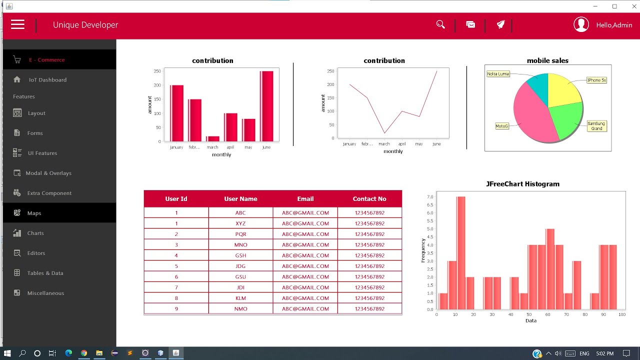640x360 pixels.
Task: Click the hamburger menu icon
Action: click(17, 24)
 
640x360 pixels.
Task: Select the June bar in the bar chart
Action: click(266, 106)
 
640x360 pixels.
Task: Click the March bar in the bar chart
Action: click(212, 138)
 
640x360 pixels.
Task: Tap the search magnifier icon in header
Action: click(440, 24)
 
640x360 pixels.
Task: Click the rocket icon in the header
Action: click(500, 24)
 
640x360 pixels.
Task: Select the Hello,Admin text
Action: click(614, 25)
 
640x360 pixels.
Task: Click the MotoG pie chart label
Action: click(501, 126)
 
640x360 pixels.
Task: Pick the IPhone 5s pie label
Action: click(596, 80)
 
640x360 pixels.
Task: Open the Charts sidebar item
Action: click(35, 233)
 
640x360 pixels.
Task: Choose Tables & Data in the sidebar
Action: click(45, 273)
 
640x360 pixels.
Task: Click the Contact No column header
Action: click(369, 199)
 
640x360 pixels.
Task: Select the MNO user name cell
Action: click(240, 245)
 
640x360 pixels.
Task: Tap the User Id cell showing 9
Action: click(176, 309)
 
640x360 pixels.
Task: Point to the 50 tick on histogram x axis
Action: click(529, 314)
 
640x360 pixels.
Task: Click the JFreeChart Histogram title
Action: click(522, 184)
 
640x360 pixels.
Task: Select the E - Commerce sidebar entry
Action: click(46, 60)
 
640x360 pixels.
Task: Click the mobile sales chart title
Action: click(547, 60)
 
